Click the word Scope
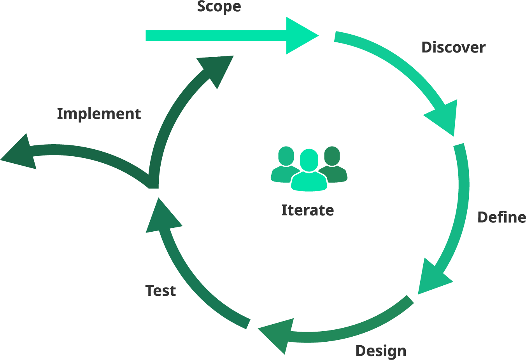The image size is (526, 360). pyautogui.click(x=219, y=7)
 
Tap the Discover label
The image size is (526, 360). pyautogui.click(x=453, y=47)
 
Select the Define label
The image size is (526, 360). pyautogui.click(x=501, y=217)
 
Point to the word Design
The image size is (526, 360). pyautogui.click(x=380, y=351)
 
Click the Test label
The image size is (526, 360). pyautogui.click(x=160, y=291)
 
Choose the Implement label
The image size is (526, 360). pyautogui.click(x=99, y=114)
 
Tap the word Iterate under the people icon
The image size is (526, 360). pyautogui.click(x=307, y=210)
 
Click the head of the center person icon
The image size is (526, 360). pyautogui.click(x=309, y=159)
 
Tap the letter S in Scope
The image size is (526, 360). pyautogui.click(x=202, y=7)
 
